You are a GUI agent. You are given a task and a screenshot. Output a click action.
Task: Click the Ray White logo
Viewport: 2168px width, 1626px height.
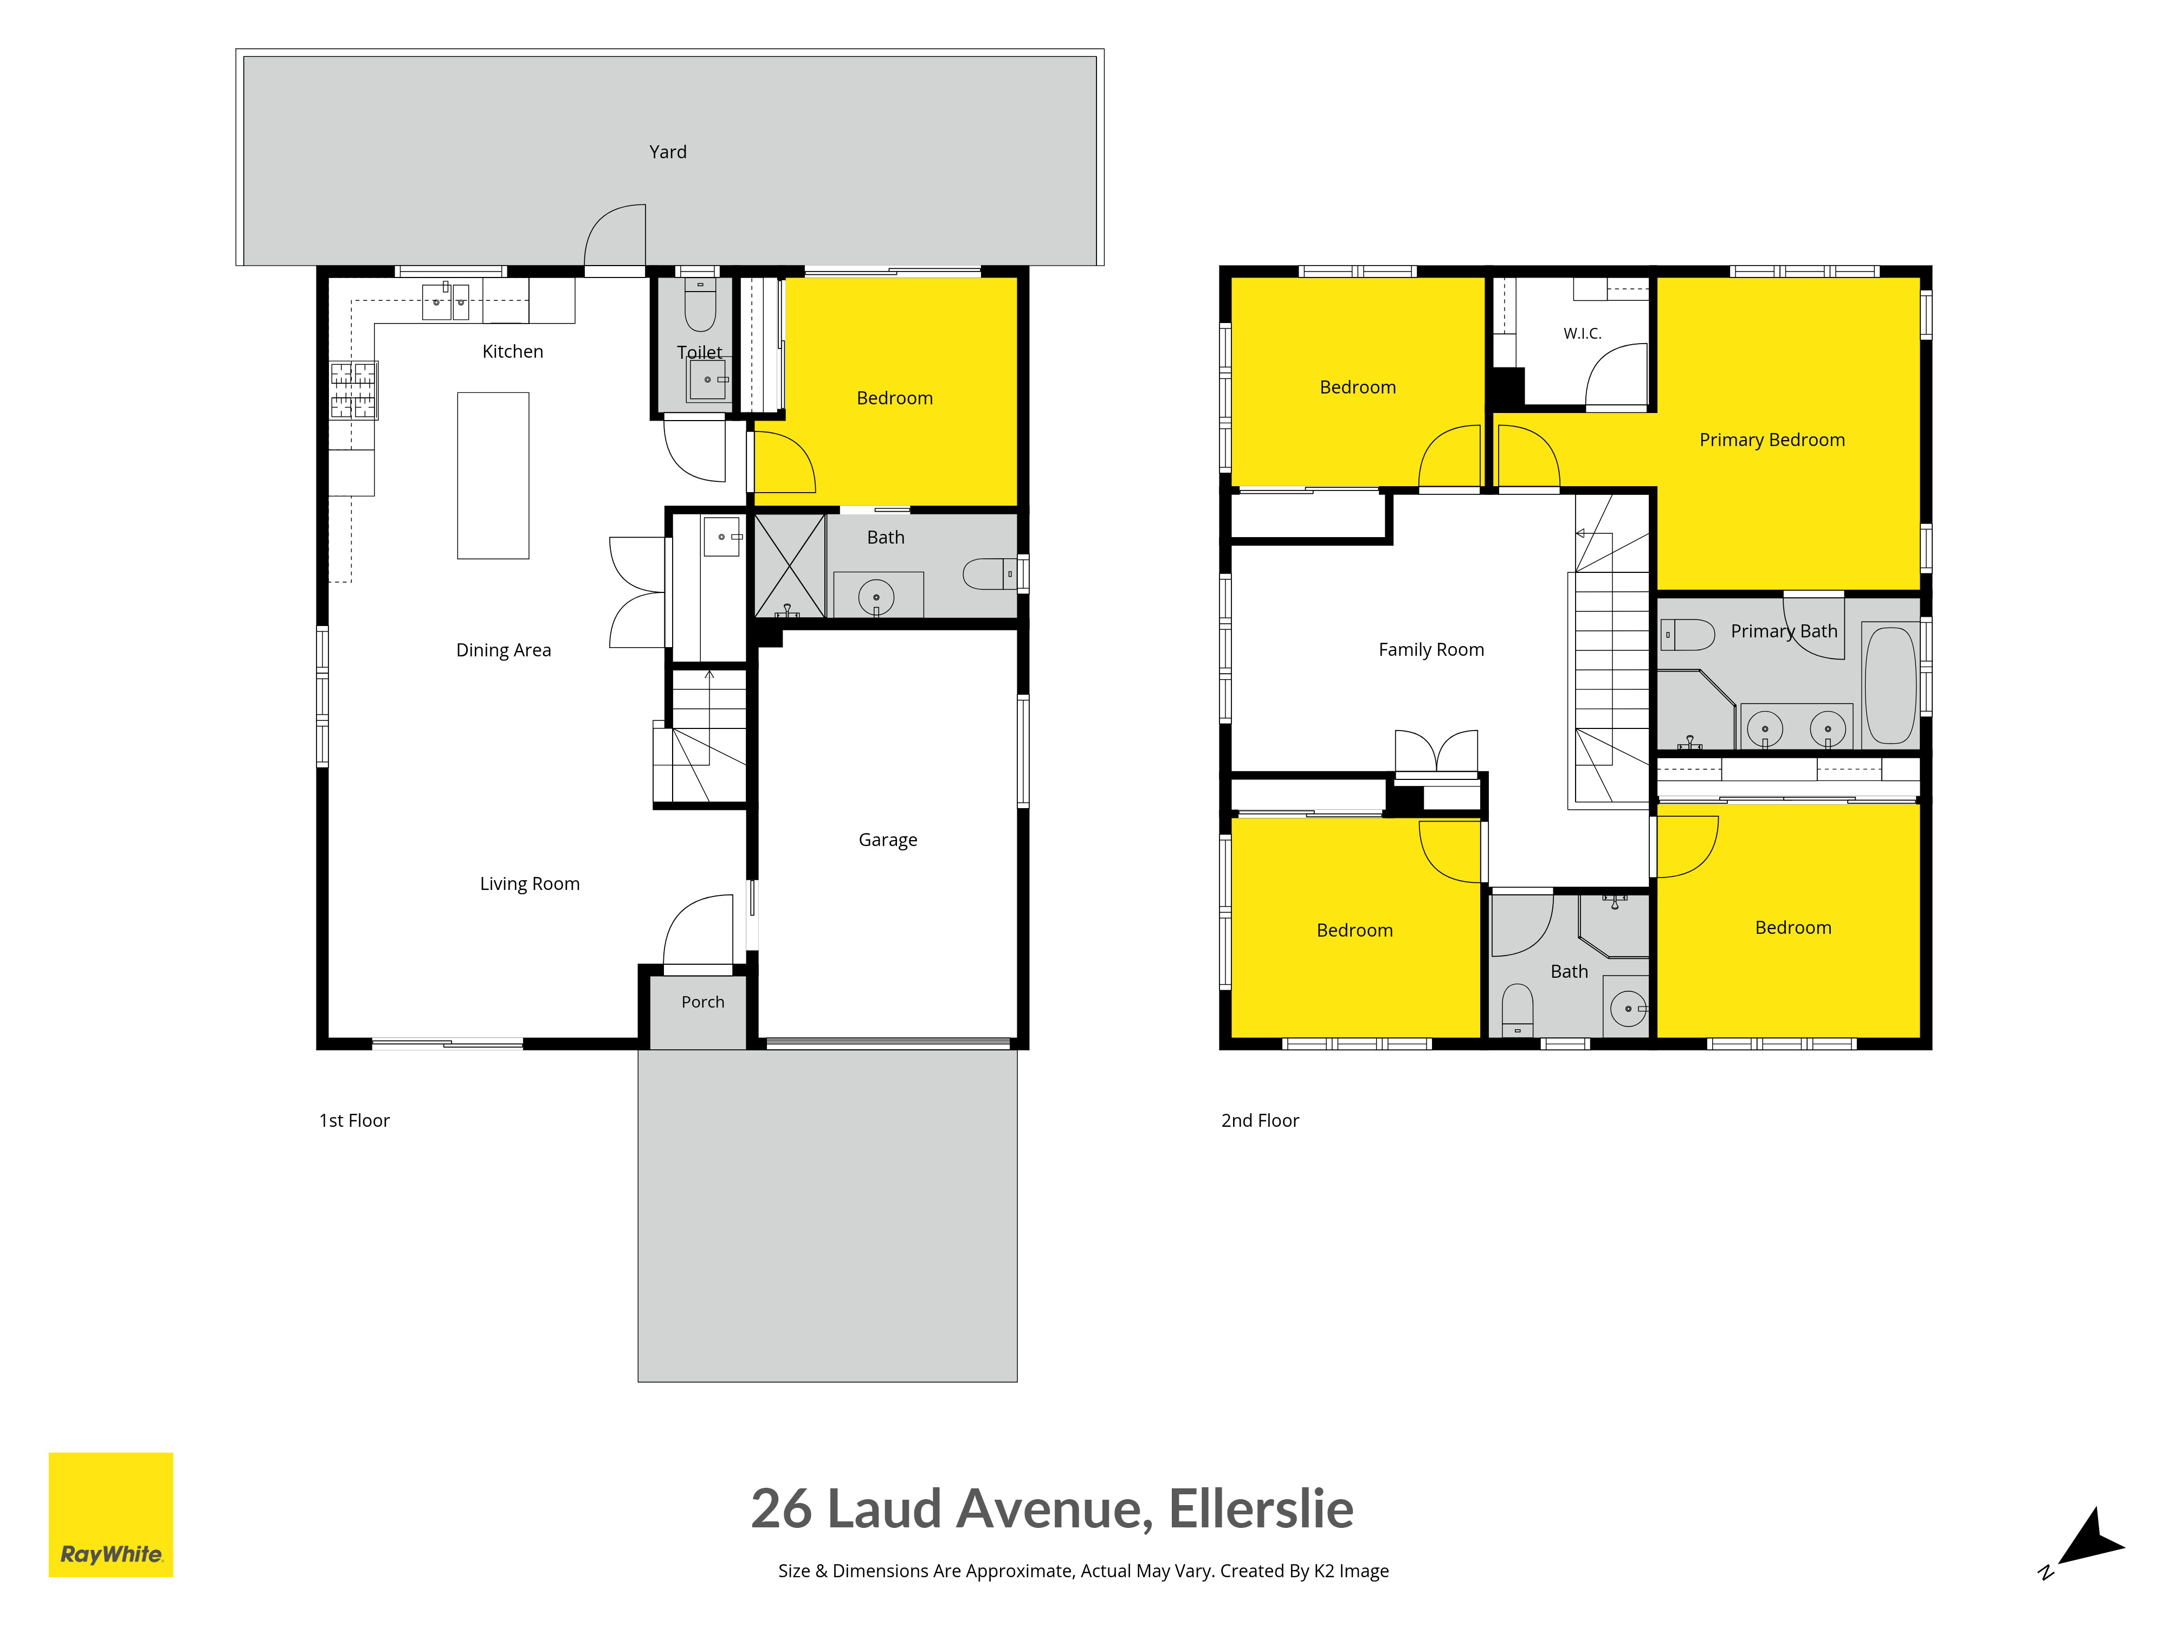tap(111, 1514)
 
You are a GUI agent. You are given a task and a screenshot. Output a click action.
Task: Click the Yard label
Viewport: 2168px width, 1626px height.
tap(667, 152)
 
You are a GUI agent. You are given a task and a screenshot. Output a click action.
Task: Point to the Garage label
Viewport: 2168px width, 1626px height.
tap(888, 840)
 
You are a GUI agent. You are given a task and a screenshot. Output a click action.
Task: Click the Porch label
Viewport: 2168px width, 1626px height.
tap(703, 1002)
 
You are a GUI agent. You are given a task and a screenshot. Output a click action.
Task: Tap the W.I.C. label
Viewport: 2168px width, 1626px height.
tap(1582, 333)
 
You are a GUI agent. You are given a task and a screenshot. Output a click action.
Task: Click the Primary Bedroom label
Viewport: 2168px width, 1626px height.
tap(1772, 440)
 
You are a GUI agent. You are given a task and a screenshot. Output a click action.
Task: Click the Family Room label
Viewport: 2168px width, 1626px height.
tap(1431, 650)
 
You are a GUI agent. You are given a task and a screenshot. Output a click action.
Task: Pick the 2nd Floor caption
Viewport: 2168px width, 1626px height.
tap(1260, 1120)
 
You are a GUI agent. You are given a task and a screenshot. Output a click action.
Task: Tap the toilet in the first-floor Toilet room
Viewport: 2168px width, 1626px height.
tap(700, 304)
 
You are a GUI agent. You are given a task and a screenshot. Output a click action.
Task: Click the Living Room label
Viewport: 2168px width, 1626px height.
tap(529, 884)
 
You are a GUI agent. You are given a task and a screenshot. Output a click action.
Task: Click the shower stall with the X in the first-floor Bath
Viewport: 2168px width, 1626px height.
tap(790, 565)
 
